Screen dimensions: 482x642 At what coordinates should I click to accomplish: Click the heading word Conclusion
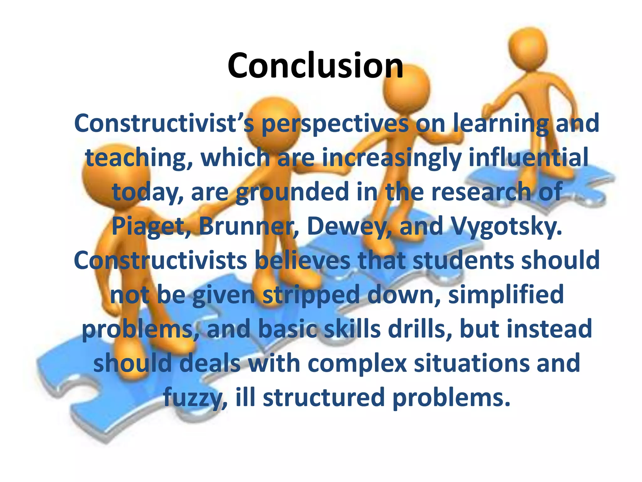(x=315, y=66)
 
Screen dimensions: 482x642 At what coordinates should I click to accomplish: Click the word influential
(x=528, y=158)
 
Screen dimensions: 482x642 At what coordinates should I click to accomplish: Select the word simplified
(x=506, y=295)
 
